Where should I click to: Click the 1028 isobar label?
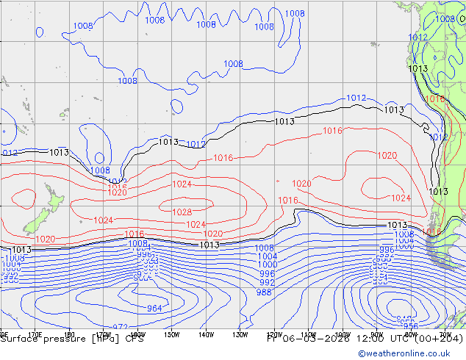coord(182,212)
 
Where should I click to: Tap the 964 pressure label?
coord(154,309)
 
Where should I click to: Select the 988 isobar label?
coord(263,292)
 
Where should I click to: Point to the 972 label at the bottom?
coord(121,327)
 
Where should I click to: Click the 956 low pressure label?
coord(411,326)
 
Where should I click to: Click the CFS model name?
coord(134,339)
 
